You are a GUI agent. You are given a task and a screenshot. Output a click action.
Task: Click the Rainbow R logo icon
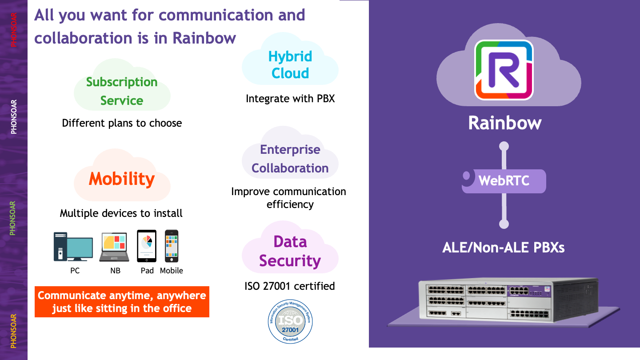(504, 70)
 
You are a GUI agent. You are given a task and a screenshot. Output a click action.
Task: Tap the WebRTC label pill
(504, 181)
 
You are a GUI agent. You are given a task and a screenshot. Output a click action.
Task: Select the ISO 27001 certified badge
(290, 321)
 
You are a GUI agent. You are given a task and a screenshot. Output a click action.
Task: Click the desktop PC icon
(73, 247)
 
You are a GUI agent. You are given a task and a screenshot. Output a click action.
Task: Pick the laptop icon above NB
(114, 247)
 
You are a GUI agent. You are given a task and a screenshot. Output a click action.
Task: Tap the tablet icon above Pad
(147, 246)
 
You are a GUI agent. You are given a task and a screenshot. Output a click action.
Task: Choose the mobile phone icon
(172, 246)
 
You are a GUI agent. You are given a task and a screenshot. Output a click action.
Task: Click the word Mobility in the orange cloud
(122, 179)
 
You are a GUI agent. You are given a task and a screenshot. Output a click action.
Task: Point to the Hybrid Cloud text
(290, 65)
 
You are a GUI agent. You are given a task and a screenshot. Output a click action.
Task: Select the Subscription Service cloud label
(122, 91)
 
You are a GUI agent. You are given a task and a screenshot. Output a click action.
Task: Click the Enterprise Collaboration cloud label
(290, 159)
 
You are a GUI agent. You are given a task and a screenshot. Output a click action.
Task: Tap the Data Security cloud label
(290, 252)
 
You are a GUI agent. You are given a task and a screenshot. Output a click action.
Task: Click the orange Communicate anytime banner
(122, 302)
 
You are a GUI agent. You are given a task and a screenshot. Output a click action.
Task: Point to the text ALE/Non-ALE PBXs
(504, 248)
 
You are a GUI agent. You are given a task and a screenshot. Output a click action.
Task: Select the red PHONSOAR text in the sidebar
(13, 30)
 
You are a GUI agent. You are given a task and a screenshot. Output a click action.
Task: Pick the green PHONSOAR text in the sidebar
(12, 218)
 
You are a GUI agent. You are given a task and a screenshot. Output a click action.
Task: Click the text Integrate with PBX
(290, 99)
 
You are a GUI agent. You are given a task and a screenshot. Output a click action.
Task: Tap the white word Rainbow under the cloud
(504, 123)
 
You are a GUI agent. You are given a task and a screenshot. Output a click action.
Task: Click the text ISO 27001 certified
(290, 286)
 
